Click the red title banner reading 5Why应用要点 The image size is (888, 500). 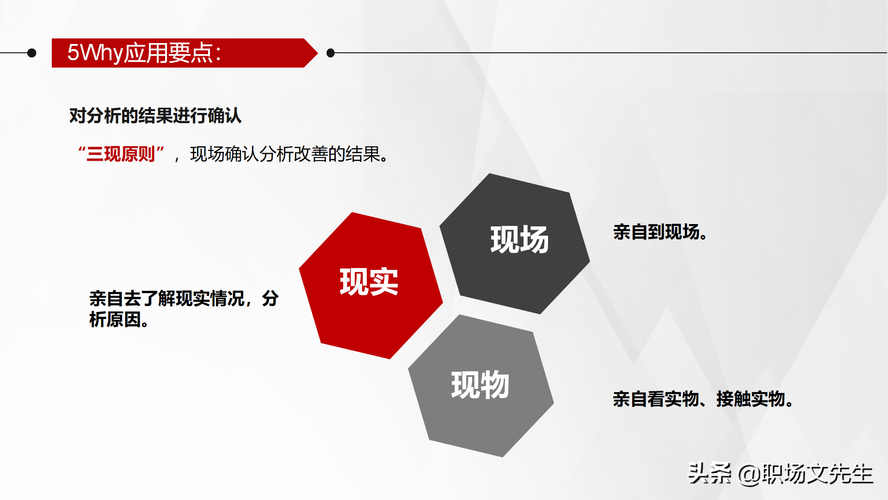185,53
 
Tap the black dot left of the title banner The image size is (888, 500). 32,53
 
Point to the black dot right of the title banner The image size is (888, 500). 331,53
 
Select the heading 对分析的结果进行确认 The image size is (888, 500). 155,116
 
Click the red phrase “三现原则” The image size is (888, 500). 121,154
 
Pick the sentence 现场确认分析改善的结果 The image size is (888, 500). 290,154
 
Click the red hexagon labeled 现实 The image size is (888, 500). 371,285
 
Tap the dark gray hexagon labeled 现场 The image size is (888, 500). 515,244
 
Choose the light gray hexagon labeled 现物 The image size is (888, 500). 481,386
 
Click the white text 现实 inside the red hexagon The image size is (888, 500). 369,281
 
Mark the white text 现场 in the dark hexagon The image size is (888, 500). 519,239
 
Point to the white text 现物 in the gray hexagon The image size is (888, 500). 480,385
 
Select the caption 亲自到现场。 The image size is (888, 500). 660,232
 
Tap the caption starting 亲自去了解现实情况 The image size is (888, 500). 184,309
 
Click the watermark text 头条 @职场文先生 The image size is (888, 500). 781,474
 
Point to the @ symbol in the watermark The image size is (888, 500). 749,475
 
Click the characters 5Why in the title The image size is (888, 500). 95,53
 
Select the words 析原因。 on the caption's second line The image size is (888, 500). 119,319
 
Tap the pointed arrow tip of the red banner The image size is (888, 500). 317,53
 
